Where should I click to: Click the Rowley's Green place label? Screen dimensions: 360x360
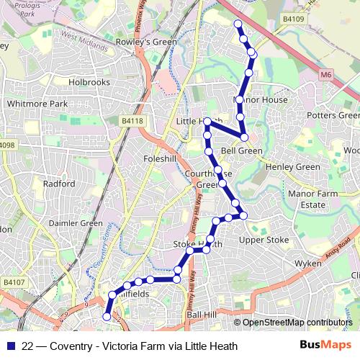152,41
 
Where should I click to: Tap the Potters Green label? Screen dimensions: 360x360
333,115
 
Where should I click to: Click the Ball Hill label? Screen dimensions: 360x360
201,315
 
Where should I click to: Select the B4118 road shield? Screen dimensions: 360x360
132,121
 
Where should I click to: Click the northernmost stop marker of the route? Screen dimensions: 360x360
238,24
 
